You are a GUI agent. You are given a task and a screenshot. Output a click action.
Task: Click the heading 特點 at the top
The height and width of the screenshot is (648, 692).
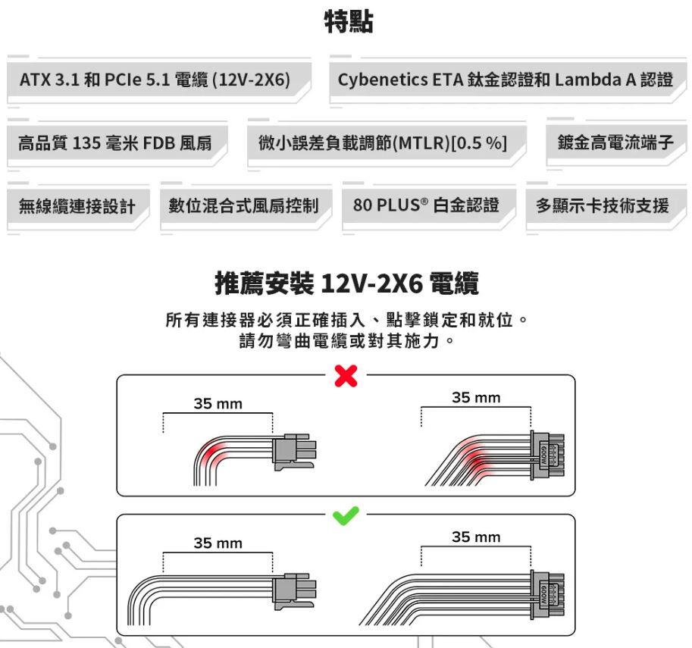[348, 21]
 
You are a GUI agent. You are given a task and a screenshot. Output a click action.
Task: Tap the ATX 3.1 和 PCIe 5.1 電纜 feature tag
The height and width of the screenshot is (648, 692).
[155, 80]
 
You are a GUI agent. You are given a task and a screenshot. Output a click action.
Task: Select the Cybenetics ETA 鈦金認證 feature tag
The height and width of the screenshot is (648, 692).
[505, 80]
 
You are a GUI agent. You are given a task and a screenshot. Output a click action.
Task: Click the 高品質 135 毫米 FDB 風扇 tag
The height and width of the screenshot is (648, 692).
[114, 142]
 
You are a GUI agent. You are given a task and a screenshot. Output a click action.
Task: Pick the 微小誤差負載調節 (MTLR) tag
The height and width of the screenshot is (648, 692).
[382, 142]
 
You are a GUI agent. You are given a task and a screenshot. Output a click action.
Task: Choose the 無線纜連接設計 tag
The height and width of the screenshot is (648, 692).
[77, 205]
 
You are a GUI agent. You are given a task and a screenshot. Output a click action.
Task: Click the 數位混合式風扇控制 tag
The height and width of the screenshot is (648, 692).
[243, 205]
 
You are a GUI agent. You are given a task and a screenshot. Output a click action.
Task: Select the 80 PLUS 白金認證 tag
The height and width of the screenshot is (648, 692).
[426, 205]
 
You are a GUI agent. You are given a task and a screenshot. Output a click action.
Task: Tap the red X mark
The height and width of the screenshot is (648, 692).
[346, 375]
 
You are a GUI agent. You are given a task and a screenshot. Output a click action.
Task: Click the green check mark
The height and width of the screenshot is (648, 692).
[346, 515]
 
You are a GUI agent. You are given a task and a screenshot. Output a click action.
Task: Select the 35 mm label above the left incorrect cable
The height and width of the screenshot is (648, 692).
[218, 404]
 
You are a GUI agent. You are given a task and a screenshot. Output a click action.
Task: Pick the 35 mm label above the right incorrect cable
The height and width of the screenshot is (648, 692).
[475, 398]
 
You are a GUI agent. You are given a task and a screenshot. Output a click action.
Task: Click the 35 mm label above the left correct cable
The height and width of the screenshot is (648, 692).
[218, 543]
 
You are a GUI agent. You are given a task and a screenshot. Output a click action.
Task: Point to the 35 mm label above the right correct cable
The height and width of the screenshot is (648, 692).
[475, 537]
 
